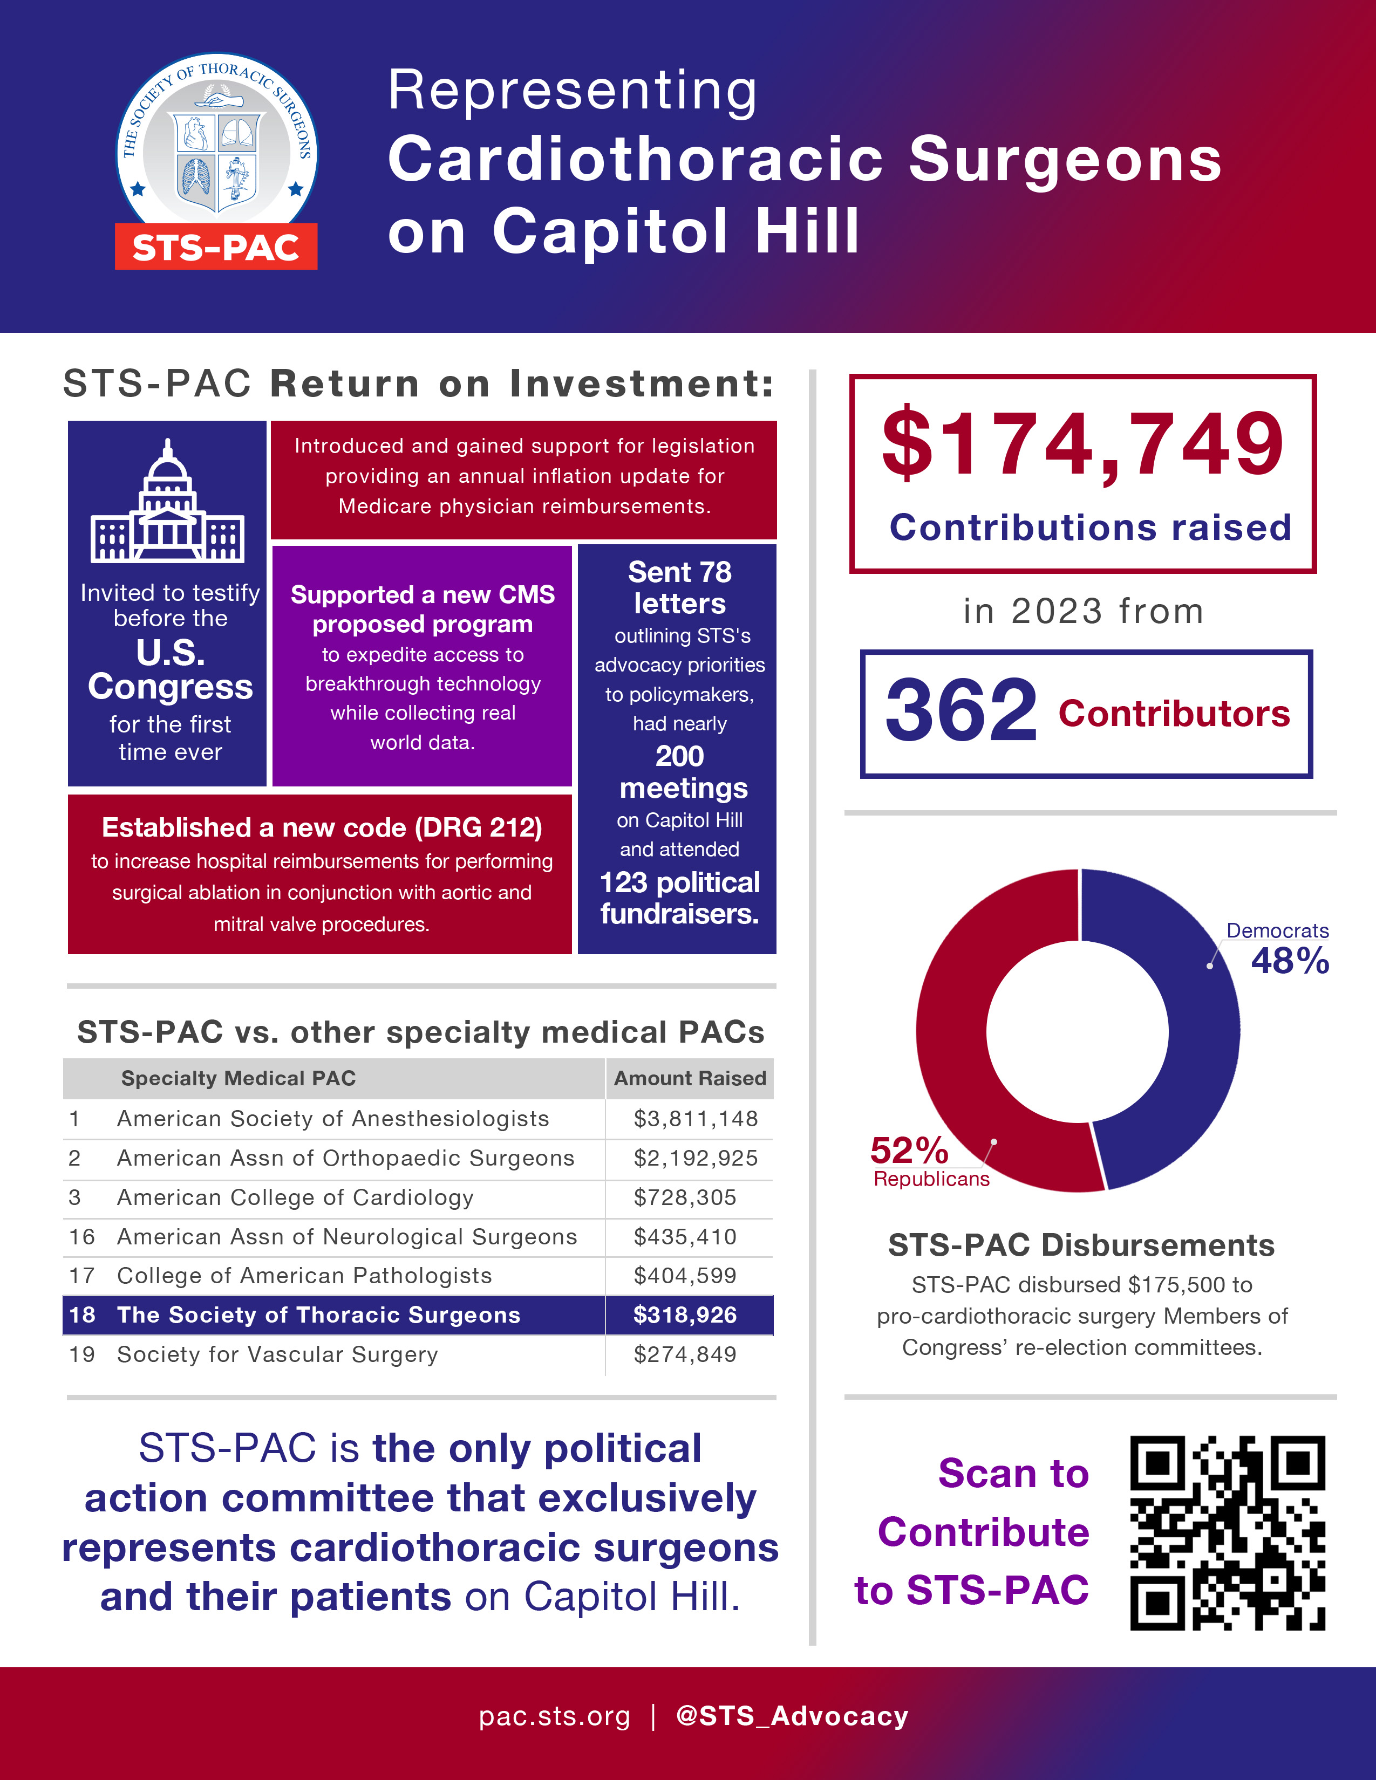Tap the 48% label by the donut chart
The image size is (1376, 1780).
click(x=1290, y=962)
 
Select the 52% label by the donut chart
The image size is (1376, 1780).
click(x=909, y=1151)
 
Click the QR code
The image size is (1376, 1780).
click(x=1228, y=1532)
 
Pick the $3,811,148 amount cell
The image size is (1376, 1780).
click(x=696, y=1119)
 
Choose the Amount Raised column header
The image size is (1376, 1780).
click(x=690, y=1078)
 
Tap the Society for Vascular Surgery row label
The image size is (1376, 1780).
click(x=277, y=1354)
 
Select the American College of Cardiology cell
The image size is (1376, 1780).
click(x=295, y=1197)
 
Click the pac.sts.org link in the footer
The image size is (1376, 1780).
click(x=554, y=1716)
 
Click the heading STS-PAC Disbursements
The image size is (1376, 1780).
click(x=1081, y=1245)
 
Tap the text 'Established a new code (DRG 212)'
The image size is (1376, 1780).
click(x=322, y=827)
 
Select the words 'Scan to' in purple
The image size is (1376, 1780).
click(x=1013, y=1474)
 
